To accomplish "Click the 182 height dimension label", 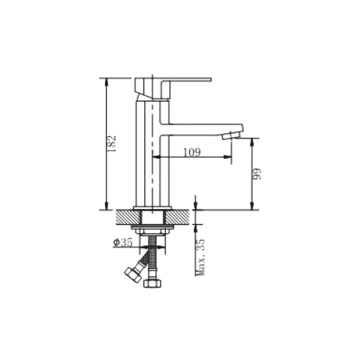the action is pos(112,143).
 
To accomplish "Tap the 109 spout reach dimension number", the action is pos(192,152).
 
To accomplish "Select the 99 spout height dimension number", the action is pos(257,174).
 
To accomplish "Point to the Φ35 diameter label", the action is pos(123,242).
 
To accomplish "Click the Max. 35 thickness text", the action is pos(200,257).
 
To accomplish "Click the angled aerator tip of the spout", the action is pos(231,135).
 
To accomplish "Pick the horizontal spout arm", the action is pos(202,130).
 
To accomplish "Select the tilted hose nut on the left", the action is pos(133,274).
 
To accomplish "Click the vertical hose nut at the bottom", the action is pos(152,283).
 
